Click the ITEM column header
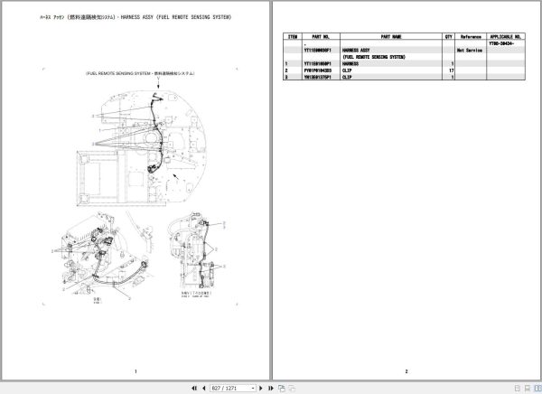(292, 37)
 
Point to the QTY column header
(448, 37)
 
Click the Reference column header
(470, 37)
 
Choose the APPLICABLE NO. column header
(505, 37)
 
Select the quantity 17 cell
(450, 70)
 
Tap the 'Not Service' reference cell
(470, 50)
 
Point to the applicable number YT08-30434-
(504, 43)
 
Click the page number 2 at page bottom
(406, 371)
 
